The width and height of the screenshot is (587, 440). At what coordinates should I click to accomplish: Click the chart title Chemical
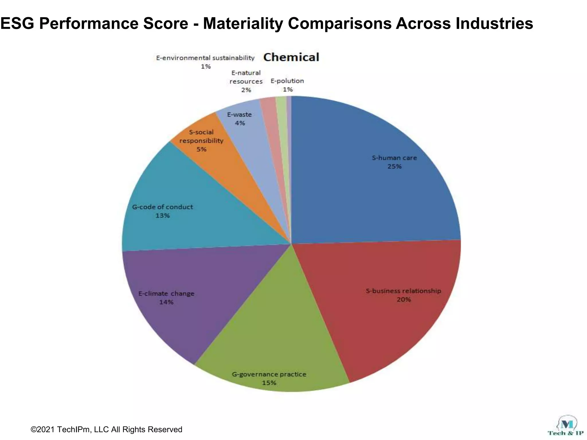pyautogui.click(x=291, y=57)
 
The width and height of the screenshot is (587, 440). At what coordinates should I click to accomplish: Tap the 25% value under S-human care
pyautogui.click(x=394, y=166)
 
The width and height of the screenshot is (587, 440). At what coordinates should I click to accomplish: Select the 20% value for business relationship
pyautogui.click(x=404, y=300)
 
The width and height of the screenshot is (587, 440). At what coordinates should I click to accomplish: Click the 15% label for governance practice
pyautogui.click(x=269, y=383)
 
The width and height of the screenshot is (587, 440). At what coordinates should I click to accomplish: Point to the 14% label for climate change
pyautogui.click(x=166, y=302)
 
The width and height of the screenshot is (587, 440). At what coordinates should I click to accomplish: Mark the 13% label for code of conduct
pyautogui.click(x=163, y=216)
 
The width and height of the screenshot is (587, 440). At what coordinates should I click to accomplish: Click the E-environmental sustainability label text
pyautogui.click(x=205, y=58)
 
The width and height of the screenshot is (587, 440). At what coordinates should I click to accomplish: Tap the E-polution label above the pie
pyautogui.click(x=287, y=81)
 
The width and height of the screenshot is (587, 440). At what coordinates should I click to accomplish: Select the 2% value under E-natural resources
pyautogui.click(x=246, y=90)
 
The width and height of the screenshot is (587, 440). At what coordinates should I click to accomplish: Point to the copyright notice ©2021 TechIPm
pyautogui.click(x=106, y=429)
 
